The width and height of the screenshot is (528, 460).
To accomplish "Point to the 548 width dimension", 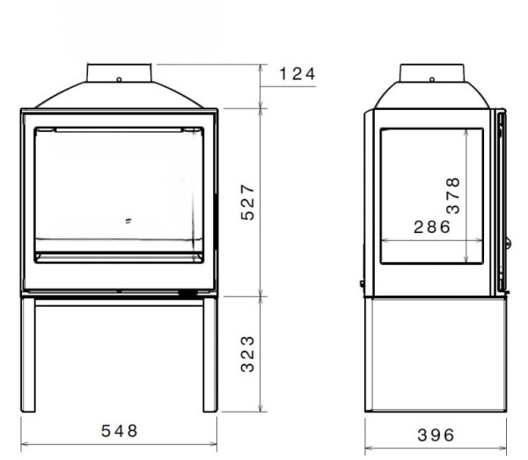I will (x=119, y=431).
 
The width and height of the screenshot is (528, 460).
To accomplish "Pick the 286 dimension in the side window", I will (x=431, y=226).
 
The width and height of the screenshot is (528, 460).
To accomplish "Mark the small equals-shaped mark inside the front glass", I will (x=128, y=221).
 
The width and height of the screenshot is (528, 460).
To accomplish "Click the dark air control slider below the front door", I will (x=187, y=291).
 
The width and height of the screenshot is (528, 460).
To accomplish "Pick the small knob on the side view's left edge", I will (x=361, y=283).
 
